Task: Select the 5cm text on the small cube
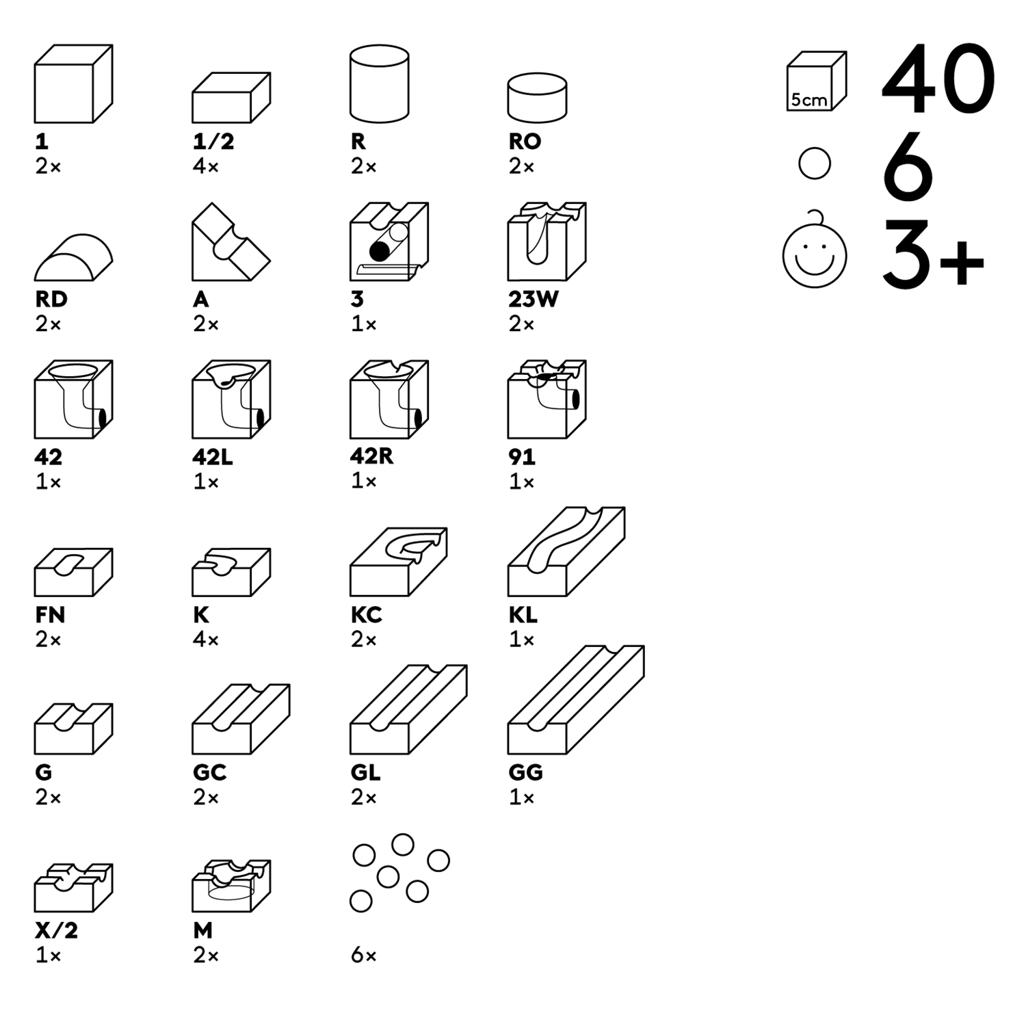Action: (808, 100)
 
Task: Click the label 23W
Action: (533, 299)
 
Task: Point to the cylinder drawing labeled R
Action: (379, 83)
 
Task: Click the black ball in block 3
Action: (379, 251)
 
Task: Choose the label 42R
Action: (371, 456)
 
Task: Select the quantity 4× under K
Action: (205, 640)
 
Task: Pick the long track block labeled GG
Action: (575, 701)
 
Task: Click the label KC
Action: (366, 614)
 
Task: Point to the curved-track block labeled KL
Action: (565, 552)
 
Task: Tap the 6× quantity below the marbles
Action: (363, 955)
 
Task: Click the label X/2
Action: (56, 930)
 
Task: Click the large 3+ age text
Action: (932, 254)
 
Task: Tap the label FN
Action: (50, 614)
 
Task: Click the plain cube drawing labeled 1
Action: (73, 84)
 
